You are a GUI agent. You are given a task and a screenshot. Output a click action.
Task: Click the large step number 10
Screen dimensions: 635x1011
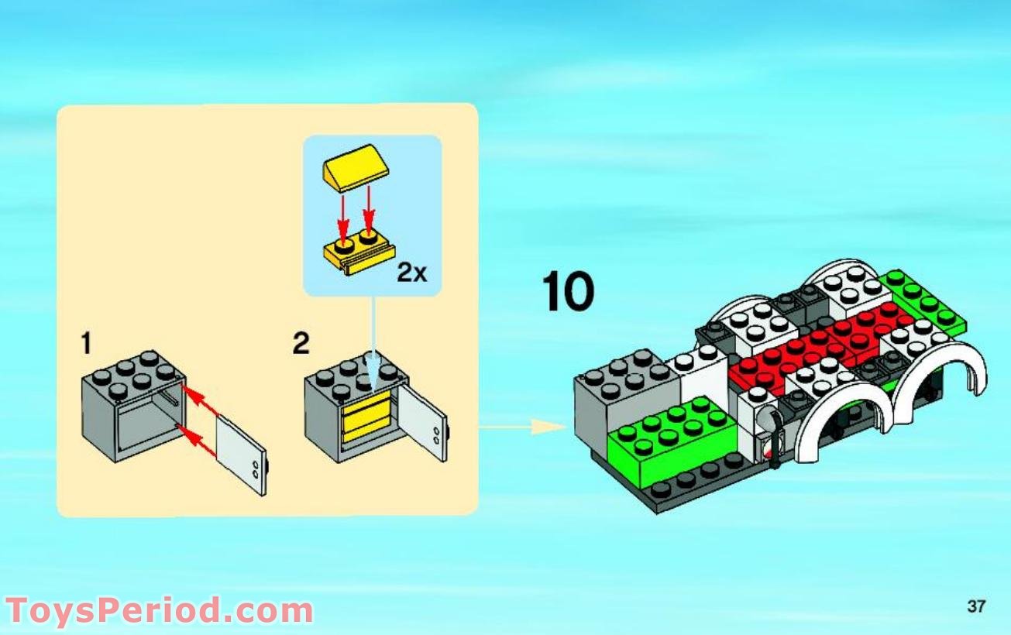click(569, 292)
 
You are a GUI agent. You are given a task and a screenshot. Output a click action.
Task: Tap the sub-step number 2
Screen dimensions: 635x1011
click(301, 343)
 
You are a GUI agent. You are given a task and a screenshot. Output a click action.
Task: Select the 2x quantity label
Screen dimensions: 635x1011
click(411, 273)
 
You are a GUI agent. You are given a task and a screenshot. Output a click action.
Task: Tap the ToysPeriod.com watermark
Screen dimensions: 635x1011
click(159, 610)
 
